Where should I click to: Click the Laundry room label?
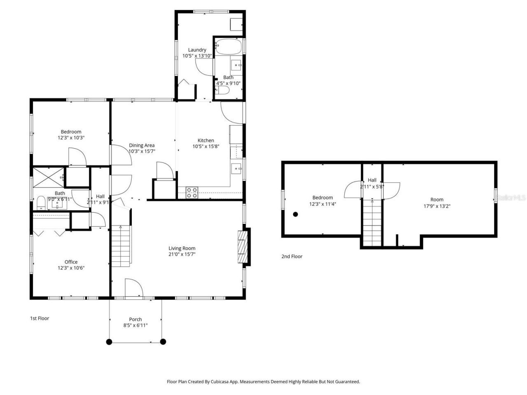point(197,50)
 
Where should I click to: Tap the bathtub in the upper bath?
point(228,47)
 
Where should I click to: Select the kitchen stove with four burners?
point(192,193)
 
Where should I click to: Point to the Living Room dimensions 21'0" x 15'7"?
point(182,254)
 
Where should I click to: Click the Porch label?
point(135,319)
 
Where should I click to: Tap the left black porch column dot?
point(109,342)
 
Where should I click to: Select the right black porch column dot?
point(163,342)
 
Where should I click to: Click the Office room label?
point(71,262)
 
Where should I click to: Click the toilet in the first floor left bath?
point(41,202)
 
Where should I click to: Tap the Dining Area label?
point(142,145)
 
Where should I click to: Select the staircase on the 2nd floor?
point(372,224)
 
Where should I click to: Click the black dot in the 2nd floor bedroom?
point(295,214)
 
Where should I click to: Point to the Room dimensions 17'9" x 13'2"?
point(437,206)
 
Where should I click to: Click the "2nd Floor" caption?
point(291,256)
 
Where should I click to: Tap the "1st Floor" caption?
point(40,318)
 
